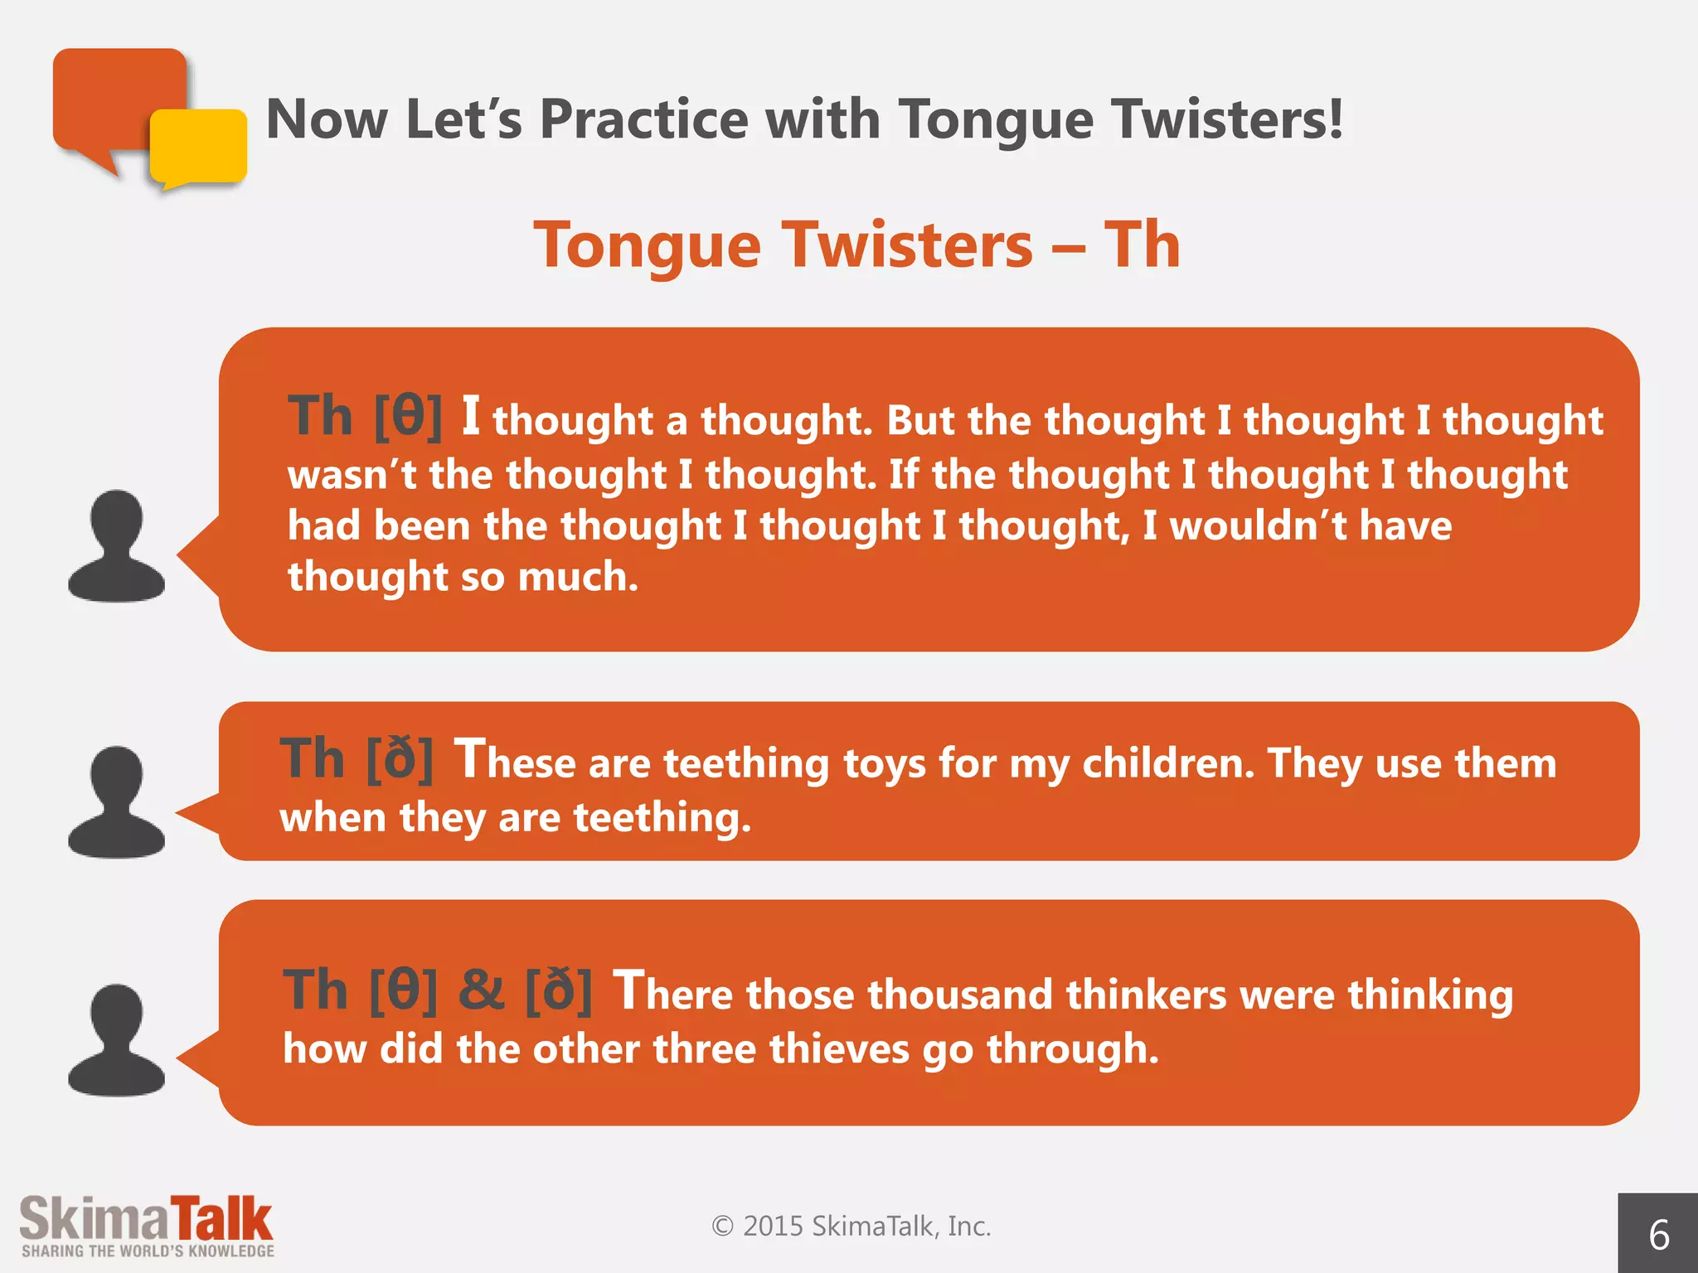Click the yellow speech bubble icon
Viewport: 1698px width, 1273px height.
pos(199,148)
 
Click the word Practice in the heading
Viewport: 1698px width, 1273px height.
pos(644,119)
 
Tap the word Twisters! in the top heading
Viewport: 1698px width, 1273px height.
pos(1228,119)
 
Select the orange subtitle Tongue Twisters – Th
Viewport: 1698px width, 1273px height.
pos(856,245)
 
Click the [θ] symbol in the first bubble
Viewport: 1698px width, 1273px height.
pos(408,416)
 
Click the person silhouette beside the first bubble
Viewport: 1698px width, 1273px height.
pos(116,547)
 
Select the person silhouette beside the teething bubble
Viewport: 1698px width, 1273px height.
pos(116,802)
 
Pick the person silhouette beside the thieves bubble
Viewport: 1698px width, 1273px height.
pos(116,1041)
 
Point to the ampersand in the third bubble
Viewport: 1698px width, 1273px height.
pos(482,990)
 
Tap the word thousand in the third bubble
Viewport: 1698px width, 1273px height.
pos(959,995)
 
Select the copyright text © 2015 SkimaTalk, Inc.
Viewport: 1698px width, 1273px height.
pos(851,1226)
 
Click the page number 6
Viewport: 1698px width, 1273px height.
pos(1658,1235)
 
